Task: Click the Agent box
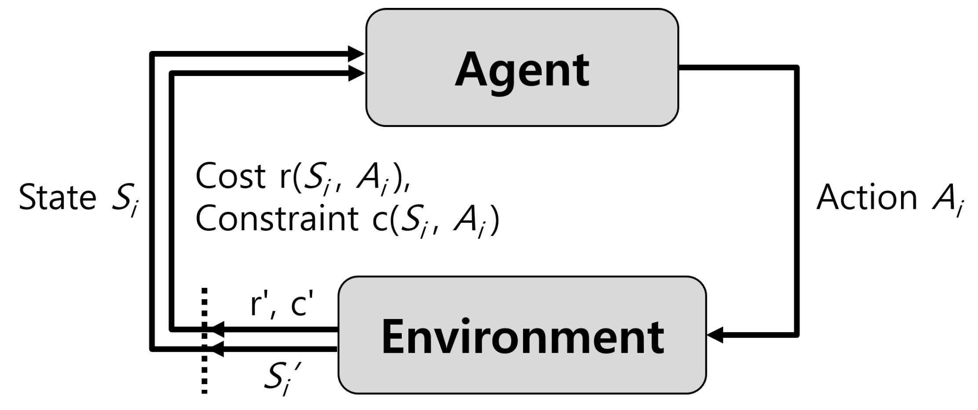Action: click(522, 67)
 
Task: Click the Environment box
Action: click(522, 335)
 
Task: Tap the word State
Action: click(58, 197)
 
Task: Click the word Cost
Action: click(231, 176)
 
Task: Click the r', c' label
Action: click(282, 305)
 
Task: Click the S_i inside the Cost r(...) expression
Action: click(317, 178)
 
